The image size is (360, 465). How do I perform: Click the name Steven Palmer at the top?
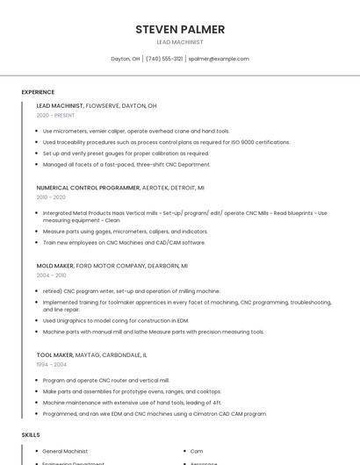pos(180,29)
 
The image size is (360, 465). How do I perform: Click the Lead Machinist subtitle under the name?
pos(180,42)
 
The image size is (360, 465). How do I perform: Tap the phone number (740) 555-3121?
pos(164,59)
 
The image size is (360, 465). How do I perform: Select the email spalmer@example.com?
pos(219,59)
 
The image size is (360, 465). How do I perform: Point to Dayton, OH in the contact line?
pos(126,59)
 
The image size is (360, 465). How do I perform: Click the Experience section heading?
pos(38,92)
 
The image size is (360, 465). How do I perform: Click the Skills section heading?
pos(31,434)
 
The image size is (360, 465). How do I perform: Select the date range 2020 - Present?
pos(55,115)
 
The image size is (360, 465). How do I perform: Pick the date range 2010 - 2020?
pos(51,197)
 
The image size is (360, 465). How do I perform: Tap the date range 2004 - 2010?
pos(51,275)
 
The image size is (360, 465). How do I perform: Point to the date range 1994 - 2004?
pos(51,364)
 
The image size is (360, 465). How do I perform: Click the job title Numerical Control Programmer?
pos(88,188)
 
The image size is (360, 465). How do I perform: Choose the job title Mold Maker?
pos(54,265)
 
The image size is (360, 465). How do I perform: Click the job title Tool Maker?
pos(54,354)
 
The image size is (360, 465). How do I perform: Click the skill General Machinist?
pos(65,451)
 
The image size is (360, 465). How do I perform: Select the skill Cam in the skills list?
pos(197,451)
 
